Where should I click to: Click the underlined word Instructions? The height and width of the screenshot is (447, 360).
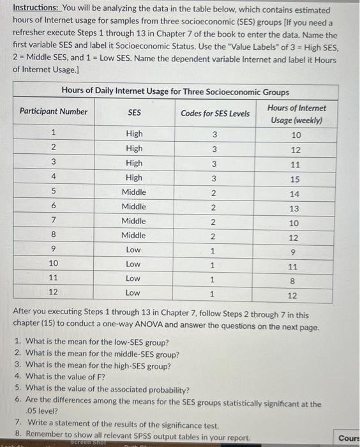(36, 10)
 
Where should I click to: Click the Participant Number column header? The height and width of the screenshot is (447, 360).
(54, 112)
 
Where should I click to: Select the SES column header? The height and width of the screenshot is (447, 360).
(134, 112)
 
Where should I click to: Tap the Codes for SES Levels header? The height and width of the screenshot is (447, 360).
(214, 114)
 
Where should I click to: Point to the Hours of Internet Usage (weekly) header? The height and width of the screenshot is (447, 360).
(296, 114)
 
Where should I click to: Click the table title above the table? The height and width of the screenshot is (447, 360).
(175, 91)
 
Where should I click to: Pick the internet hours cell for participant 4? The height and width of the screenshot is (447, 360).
(295, 178)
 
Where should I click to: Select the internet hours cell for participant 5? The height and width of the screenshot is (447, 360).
(295, 193)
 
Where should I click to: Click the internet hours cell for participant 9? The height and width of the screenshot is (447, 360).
(295, 251)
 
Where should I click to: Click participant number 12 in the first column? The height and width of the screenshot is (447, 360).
(54, 292)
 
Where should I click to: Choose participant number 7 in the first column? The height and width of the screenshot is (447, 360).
(54, 222)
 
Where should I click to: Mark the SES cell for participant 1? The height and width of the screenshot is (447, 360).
(134, 134)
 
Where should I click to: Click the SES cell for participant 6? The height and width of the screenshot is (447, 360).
(134, 207)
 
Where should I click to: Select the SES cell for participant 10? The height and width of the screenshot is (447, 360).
(134, 264)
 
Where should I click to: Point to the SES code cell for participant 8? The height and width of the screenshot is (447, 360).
(214, 236)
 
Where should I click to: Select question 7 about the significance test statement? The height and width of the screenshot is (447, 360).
(117, 425)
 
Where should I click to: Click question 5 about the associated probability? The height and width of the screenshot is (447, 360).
(103, 389)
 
